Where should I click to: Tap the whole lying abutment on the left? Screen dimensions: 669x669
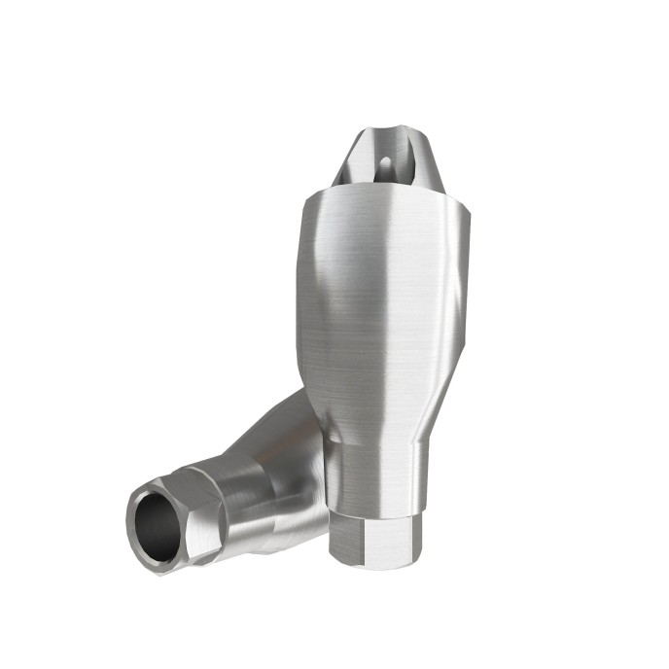coord(224,486)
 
